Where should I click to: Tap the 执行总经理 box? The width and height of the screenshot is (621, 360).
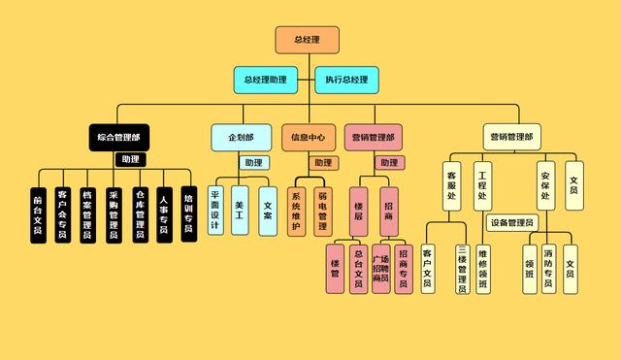click(x=346, y=79)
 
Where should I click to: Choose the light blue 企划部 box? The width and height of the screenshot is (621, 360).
click(x=241, y=137)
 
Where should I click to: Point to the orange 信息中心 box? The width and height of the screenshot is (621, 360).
click(x=309, y=137)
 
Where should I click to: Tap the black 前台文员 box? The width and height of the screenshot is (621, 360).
click(x=38, y=214)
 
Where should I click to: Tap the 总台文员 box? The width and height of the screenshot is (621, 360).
click(x=358, y=269)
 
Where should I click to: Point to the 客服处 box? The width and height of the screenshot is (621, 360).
click(x=452, y=186)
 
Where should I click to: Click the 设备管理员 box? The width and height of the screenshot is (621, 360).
click(x=512, y=223)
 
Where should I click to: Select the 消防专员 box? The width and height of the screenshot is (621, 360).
click(x=548, y=264)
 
